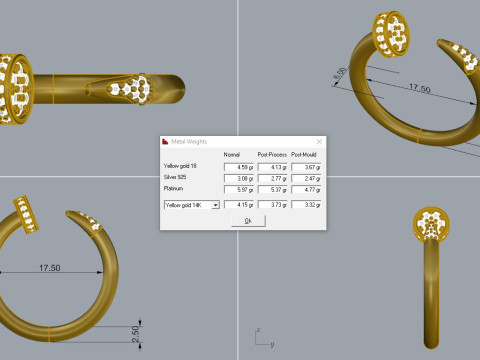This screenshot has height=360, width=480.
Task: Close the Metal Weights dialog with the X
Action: pos(318,142)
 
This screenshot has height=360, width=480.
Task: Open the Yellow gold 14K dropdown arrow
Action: pos(216,204)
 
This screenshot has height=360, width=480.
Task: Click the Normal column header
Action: pos(232,154)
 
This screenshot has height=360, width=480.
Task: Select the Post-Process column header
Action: pos(272,154)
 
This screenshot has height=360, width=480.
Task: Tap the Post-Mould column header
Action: pos(306,154)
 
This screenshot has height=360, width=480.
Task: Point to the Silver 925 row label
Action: pos(175,177)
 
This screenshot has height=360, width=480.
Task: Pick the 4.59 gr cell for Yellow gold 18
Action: pos(238,165)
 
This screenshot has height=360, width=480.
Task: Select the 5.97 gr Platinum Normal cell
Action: pos(238,188)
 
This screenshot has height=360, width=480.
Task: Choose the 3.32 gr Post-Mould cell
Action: pos(306,204)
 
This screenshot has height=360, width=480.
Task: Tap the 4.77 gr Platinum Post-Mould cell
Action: pos(306,188)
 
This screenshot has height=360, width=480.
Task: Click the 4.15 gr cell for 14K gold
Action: pos(238,204)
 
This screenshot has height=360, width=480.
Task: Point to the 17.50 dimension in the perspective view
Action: pos(391,89)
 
